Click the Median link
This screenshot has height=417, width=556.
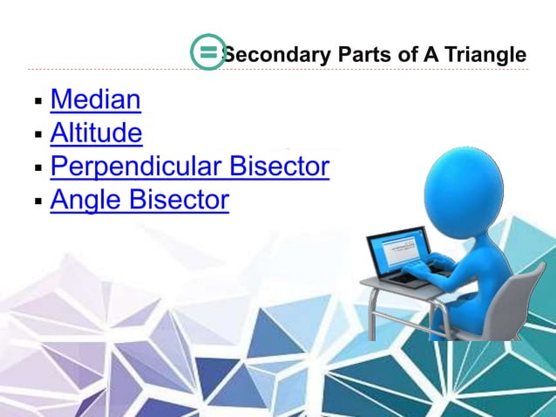95,99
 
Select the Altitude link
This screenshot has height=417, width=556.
96,133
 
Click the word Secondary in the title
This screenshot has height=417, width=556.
276,55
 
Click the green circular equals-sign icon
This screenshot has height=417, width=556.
207,53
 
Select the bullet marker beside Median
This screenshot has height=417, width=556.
37,102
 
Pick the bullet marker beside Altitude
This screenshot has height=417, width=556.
37,135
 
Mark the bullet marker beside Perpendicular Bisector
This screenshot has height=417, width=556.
37,168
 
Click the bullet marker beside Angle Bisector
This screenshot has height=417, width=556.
37,202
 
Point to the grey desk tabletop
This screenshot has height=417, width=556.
410,288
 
